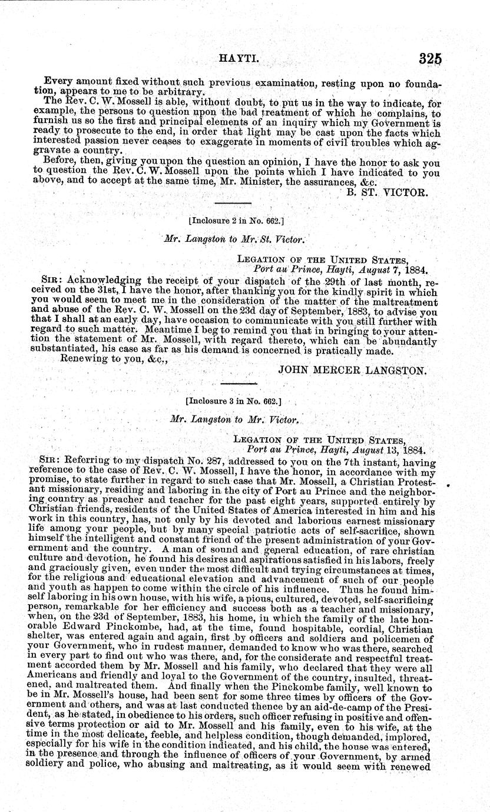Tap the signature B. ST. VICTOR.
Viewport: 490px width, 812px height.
[x=398, y=192]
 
